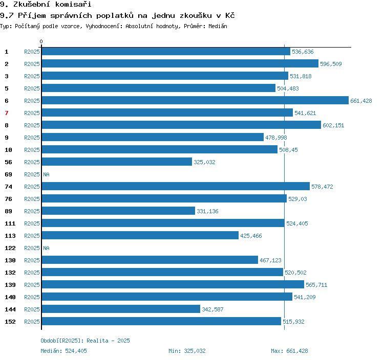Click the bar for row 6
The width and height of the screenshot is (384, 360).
(x=195, y=100)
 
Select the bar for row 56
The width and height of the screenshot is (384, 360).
(x=117, y=162)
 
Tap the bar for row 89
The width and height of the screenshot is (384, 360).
(x=119, y=211)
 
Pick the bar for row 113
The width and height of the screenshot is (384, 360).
(x=140, y=235)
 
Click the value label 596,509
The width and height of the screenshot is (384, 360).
(x=331, y=64)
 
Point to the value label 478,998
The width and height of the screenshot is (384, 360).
(x=276, y=138)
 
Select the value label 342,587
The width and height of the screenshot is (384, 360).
(x=212, y=309)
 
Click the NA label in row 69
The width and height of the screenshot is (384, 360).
(x=46, y=174)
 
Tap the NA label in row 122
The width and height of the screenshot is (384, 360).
(x=46, y=248)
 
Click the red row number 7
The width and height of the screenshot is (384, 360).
(x=7, y=113)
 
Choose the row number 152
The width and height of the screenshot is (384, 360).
(x=10, y=322)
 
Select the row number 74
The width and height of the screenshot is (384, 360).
(x=8, y=187)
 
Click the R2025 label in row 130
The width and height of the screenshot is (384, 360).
(x=32, y=260)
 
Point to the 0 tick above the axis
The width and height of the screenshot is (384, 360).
(x=41, y=41)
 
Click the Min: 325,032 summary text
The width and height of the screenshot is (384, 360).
(x=187, y=351)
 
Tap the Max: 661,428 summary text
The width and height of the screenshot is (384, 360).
(x=289, y=351)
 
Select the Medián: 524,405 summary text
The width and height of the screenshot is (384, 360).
(x=63, y=351)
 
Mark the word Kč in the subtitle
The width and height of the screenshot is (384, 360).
(x=230, y=15)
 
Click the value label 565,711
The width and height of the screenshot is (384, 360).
(x=316, y=285)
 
